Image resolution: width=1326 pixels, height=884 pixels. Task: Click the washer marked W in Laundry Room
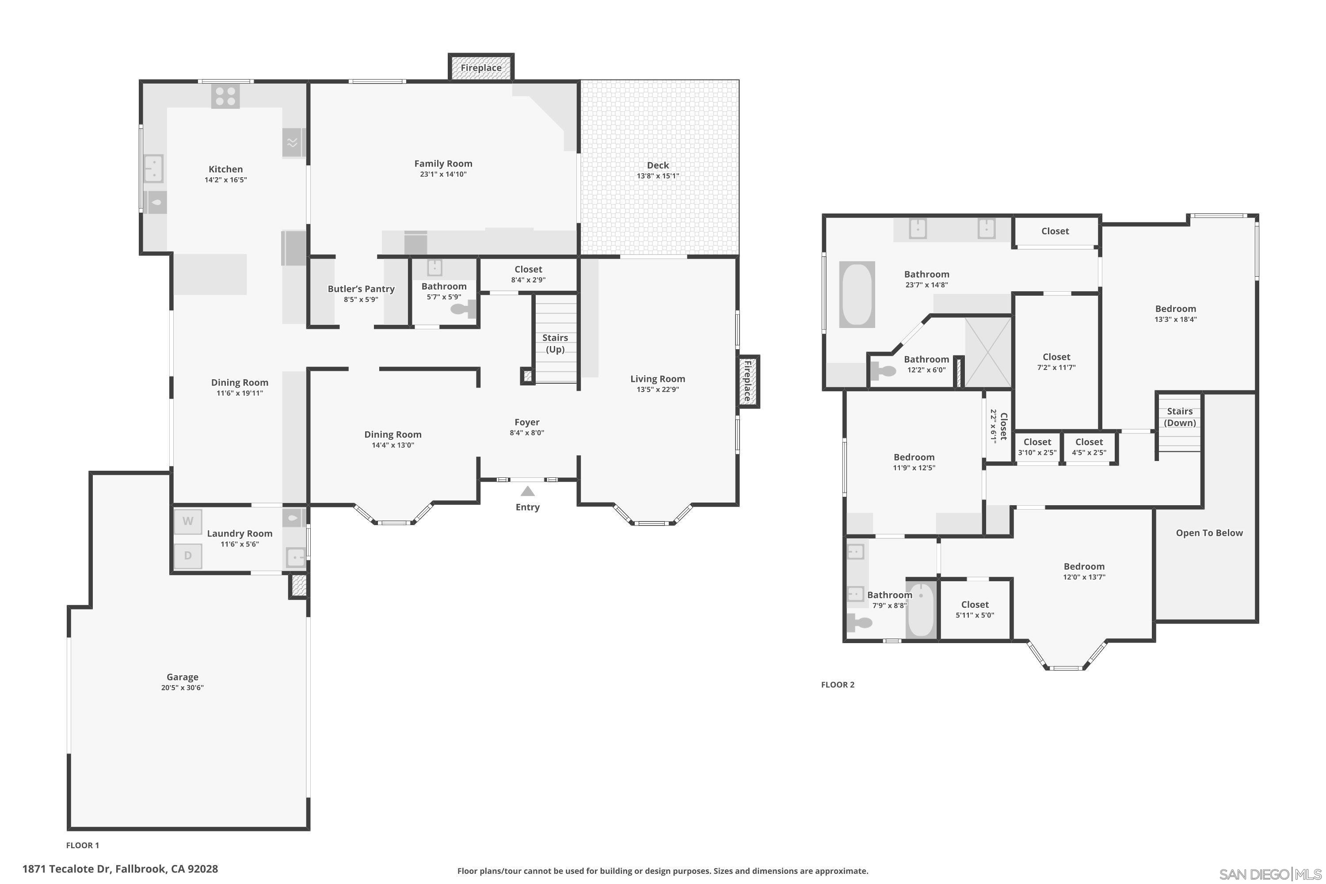(188, 522)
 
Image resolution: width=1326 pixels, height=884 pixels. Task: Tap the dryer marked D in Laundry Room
(188, 555)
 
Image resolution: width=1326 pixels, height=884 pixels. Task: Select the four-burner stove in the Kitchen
(225, 96)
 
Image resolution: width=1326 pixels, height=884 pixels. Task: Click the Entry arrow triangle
(527, 491)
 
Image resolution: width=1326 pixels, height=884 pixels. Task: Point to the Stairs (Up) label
(555, 343)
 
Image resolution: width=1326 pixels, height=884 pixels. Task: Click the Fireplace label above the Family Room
(481, 68)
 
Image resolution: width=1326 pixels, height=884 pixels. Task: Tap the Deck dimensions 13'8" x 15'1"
(658, 176)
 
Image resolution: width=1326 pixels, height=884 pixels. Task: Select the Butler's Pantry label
(361, 289)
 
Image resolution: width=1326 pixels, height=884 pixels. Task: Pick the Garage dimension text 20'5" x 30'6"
(182, 688)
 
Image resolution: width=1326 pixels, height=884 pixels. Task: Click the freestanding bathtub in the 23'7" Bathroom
(857, 294)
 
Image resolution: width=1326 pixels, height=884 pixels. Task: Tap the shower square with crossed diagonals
(988, 353)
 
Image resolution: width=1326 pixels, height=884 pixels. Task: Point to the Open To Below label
(1209, 533)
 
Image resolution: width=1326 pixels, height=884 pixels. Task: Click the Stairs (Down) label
(1179, 417)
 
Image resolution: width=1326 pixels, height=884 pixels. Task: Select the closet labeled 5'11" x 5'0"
(975, 610)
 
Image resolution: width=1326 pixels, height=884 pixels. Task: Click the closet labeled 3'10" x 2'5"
(1037, 447)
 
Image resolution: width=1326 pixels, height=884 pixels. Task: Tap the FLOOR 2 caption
(838, 684)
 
